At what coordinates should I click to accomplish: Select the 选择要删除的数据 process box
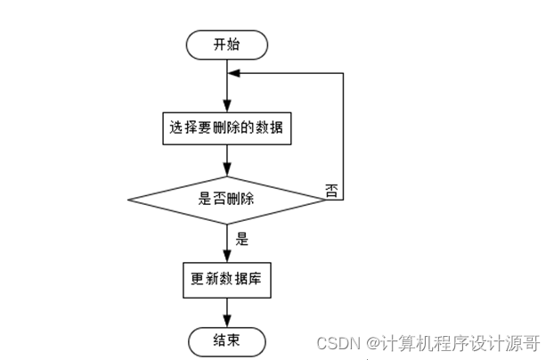coord(226,128)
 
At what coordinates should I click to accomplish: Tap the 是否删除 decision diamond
coord(226,199)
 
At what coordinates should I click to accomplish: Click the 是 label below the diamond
coord(240,239)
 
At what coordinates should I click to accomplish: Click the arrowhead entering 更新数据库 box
coord(226,258)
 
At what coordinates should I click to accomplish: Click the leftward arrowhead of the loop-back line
coord(233,76)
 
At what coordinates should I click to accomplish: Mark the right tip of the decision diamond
coord(326,199)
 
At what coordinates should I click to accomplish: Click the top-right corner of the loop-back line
coord(344,76)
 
